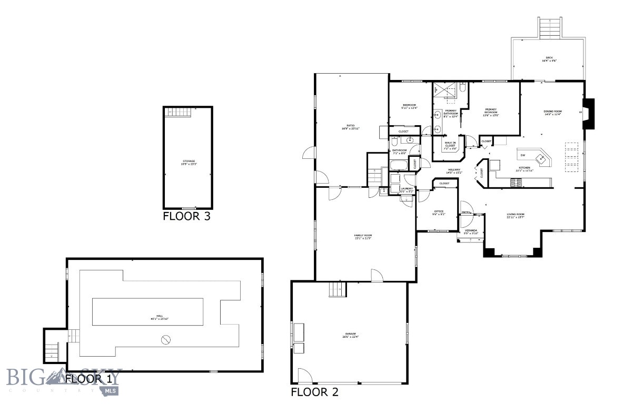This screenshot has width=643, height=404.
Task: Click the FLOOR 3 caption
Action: coord(186,216)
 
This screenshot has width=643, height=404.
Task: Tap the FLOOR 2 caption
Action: coord(314,392)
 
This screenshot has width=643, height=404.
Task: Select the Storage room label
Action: coord(189,162)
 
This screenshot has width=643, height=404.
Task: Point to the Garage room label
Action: coord(351,335)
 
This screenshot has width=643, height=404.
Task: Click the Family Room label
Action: coord(363,237)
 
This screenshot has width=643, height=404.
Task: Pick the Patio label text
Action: coord(350,127)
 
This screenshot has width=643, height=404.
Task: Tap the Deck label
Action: coord(549,59)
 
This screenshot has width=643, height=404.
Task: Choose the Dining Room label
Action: coord(553,113)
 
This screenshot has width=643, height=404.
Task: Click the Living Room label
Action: coord(516,216)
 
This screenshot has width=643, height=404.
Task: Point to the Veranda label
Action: coord(471,231)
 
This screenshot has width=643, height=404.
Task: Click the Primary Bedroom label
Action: coord(491,112)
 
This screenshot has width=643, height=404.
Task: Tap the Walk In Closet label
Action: coord(450,145)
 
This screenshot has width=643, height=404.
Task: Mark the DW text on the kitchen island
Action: coord(522,155)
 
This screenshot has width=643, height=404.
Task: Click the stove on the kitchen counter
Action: coord(516,183)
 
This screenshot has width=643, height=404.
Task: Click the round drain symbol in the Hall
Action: coord(166,341)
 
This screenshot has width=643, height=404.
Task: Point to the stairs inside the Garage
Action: coord(337,289)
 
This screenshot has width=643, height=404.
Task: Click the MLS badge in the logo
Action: coord(111,390)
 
